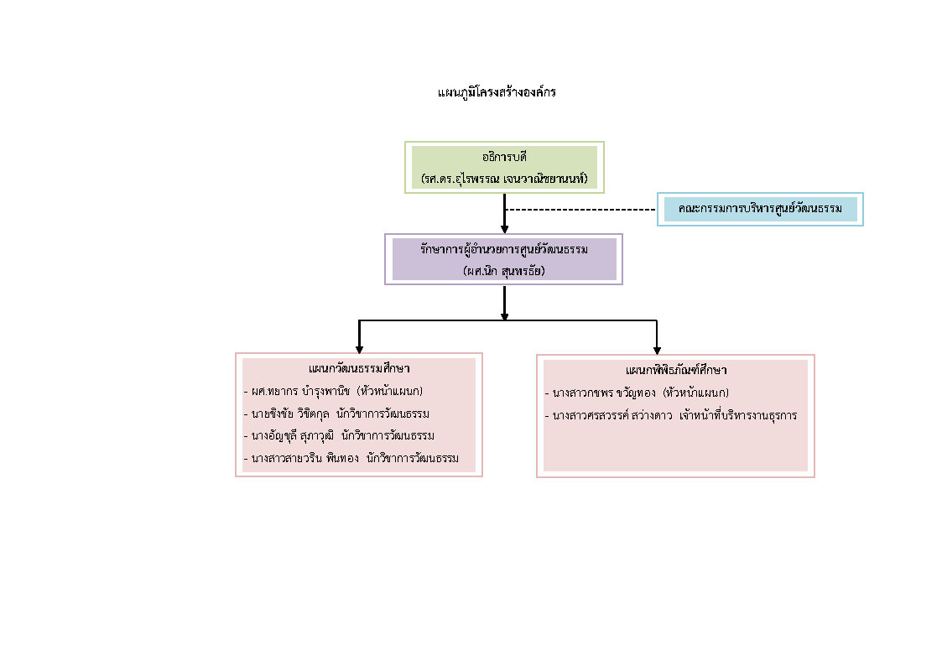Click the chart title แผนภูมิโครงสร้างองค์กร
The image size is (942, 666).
[x=497, y=92]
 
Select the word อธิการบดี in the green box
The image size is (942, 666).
[x=503, y=157]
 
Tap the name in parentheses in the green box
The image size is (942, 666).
[x=503, y=179]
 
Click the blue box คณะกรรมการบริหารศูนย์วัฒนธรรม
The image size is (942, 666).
[x=760, y=209]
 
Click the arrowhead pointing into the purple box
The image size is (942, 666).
[x=504, y=227]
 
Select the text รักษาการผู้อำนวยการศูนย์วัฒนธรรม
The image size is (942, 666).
[x=504, y=249]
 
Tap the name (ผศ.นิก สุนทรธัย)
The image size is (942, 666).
[x=503, y=271]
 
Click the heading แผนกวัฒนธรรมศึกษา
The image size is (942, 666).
[x=359, y=368]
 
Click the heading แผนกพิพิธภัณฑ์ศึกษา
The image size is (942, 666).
[x=675, y=370]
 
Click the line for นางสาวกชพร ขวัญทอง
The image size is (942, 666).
[x=637, y=393]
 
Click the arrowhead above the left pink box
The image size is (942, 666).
[x=359, y=348]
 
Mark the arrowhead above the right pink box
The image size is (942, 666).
[x=656, y=349]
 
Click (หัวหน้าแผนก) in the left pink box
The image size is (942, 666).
[x=389, y=391]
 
